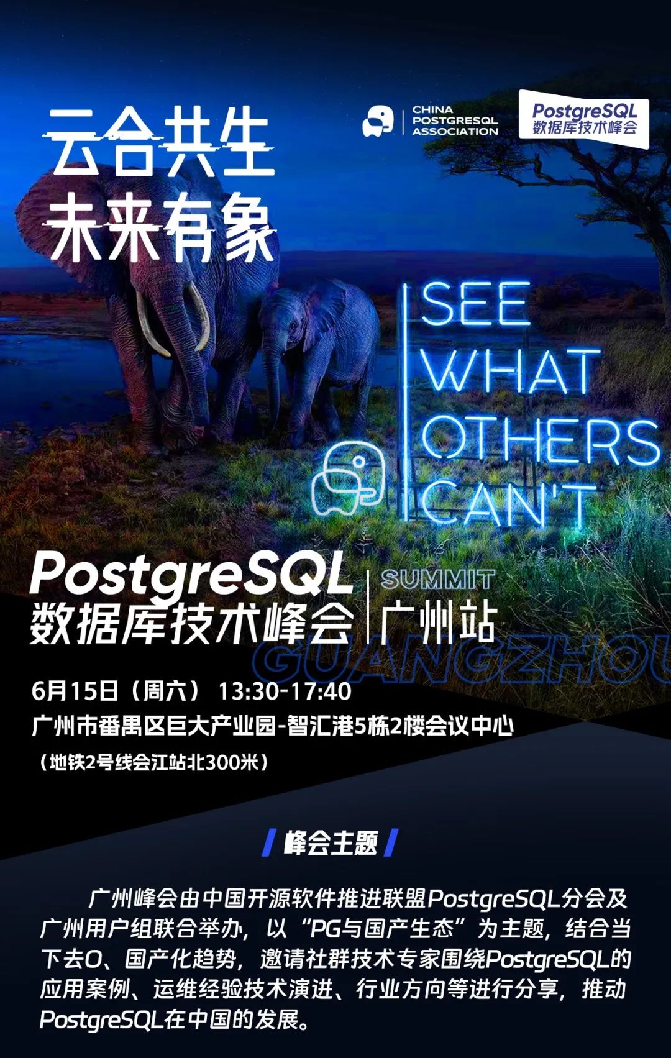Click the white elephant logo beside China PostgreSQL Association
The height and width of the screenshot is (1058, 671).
[x=378, y=121]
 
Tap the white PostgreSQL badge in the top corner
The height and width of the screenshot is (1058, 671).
[x=583, y=119]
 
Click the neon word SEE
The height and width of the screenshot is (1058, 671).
[x=475, y=304]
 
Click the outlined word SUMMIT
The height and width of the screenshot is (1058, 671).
[x=437, y=579]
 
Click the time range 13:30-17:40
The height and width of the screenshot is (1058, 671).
[x=285, y=691]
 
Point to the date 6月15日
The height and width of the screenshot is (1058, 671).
[x=75, y=691]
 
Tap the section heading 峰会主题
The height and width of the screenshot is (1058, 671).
[x=331, y=843]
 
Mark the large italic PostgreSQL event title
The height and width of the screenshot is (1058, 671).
[x=189, y=575]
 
